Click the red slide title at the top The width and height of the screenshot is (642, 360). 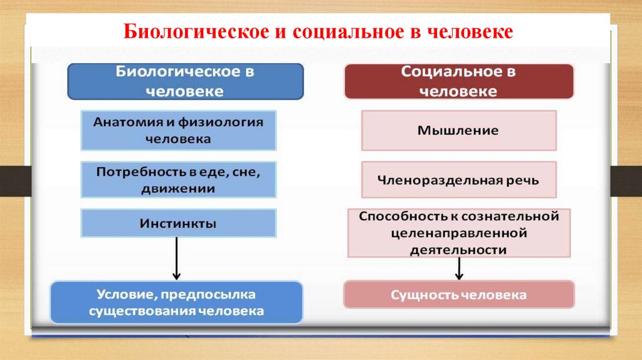pyautogui.click(x=318, y=31)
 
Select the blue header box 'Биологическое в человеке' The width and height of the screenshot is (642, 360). pyautogui.click(x=185, y=82)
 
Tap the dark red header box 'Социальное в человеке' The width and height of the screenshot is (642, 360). pyautogui.click(x=458, y=82)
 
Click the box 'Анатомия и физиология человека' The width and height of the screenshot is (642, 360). pyautogui.click(x=178, y=130)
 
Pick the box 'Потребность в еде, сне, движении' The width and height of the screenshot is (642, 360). pyautogui.click(x=178, y=179)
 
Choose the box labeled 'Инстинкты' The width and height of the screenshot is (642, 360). pyautogui.click(x=178, y=223)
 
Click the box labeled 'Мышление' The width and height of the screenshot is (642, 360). pyautogui.click(x=458, y=130)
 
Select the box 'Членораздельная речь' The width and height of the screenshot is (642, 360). pyautogui.click(x=458, y=180)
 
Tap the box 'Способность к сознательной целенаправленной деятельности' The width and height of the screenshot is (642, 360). pyautogui.click(x=458, y=233)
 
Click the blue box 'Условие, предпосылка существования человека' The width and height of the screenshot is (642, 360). pyautogui.click(x=176, y=302)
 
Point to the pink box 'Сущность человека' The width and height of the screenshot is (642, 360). pyautogui.click(x=458, y=294)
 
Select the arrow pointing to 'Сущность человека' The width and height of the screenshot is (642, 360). pyautogui.click(x=459, y=268)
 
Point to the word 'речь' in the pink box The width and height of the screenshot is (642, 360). pyautogui.click(x=524, y=181)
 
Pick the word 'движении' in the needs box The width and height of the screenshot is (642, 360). pyautogui.click(x=178, y=188)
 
